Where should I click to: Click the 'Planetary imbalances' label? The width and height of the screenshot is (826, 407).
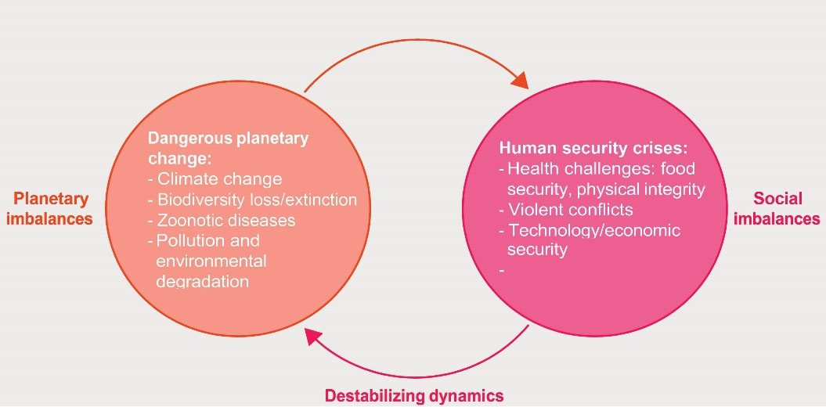pyautogui.click(x=49, y=208)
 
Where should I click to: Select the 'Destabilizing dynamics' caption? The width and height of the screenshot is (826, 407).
pyautogui.click(x=414, y=395)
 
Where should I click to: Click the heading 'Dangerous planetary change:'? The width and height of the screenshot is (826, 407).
pyautogui.click(x=228, y=149)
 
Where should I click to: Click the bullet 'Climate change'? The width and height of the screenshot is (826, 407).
pyautogui.click(x=219, y=178)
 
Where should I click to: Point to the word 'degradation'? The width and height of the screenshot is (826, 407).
pyautogui.click(x=203, y=281)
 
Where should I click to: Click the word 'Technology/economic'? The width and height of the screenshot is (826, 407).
pyautogui.click(x=594, y=230)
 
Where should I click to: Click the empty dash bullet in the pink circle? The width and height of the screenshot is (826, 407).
pyautogui.click(x=501, y=270)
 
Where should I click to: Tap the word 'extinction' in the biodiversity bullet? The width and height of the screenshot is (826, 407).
pyautogui.click(x=321, y=200)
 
